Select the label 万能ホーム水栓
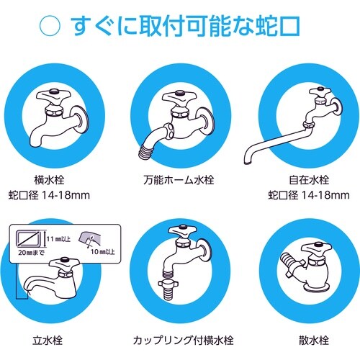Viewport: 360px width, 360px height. [179, 179]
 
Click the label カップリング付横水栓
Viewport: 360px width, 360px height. [179, 338]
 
